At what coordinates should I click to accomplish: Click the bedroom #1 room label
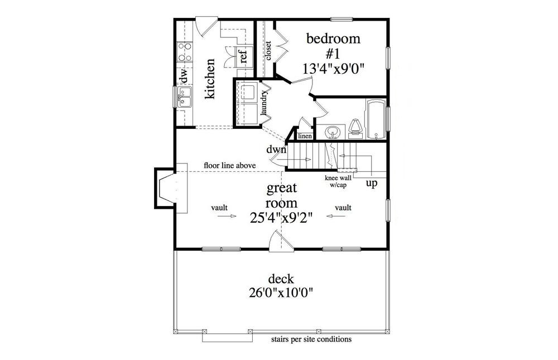pyautogui.click(x=333, y=46)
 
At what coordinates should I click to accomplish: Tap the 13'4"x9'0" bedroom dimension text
pyautogui.click(x=333, y=69)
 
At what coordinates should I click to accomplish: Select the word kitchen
pyautogui.click(x=210, y=79)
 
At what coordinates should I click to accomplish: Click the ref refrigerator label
pyautogui.click(x=243, y=56)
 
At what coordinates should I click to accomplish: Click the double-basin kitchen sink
pyautogui.click(x=185, y=97)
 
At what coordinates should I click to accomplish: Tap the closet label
pyautogui.click(x=268, y=51)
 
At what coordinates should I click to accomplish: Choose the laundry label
pyautogui.click(x=266, y=104)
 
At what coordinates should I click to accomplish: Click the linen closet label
pyautogui.click(x=304, y=136)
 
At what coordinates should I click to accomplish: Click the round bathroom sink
pyautogui.click(x=333, y=132)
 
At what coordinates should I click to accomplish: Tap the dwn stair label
pyautogui.click(x=276, y=150)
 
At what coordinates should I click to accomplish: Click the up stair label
pyautogui.click(x=370, y=183)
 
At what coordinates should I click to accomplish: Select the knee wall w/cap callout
pyautogui.click(x=338, y=180)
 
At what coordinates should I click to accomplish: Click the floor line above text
pyautogui.click(x=229, y=165)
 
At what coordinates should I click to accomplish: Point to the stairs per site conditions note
pyautogui.click(x=311, y=339)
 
